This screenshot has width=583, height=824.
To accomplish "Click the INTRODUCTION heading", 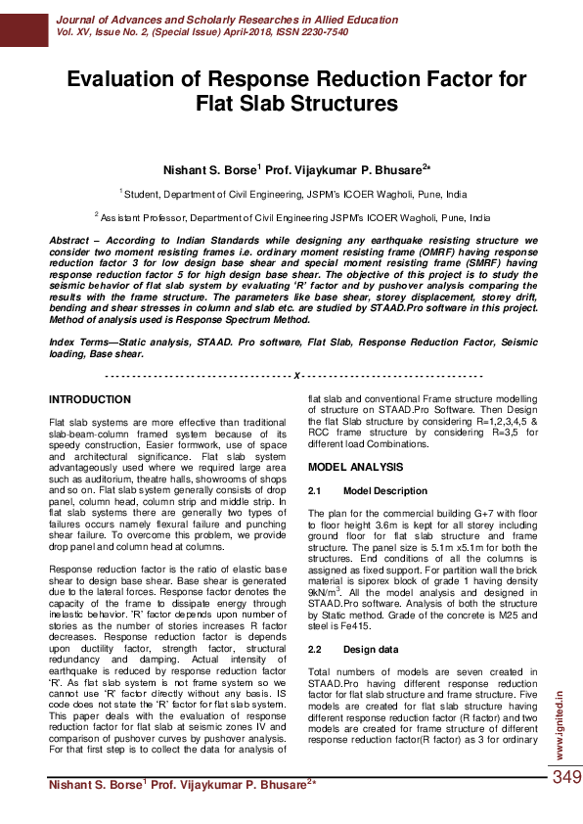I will point(90,399).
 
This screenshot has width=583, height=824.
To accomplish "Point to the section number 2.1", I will point(316,490).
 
